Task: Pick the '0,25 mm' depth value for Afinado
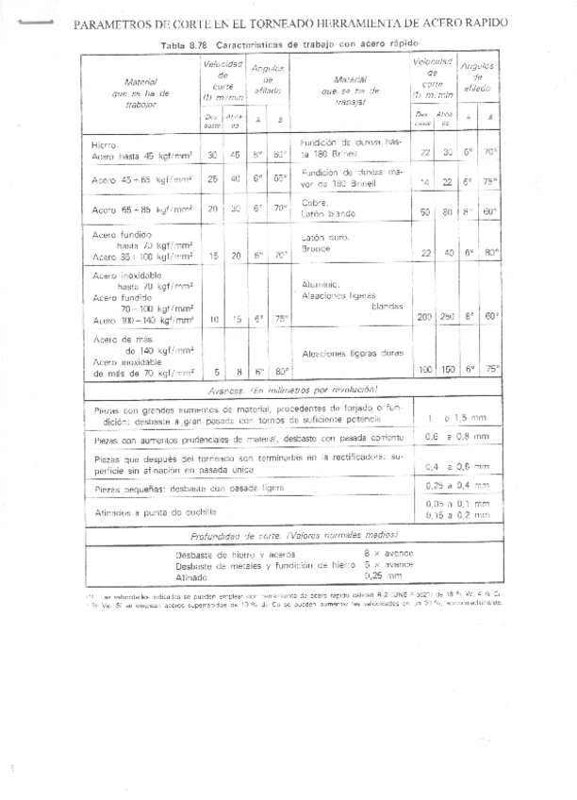point(383,575)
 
